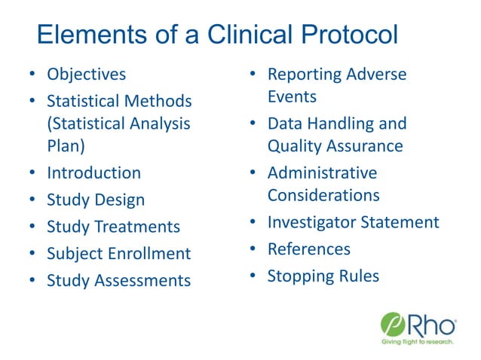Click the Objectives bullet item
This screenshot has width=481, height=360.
[x=86, y=75]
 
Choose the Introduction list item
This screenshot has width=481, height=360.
[x=93, y=172]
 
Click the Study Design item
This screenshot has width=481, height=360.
[x=96, y=200]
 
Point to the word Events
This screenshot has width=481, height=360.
[x=292, y=97]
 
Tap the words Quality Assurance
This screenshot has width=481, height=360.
[x=335, y=146]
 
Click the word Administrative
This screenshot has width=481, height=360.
[x=322, y=172]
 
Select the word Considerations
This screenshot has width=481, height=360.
[x=323, y=195]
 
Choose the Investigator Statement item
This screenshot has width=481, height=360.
[x=353, y=222]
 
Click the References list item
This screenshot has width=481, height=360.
[x=309, y=249]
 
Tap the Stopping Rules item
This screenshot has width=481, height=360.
[x=323, y=276]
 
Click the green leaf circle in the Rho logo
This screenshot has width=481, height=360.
[x=394, y=325]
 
